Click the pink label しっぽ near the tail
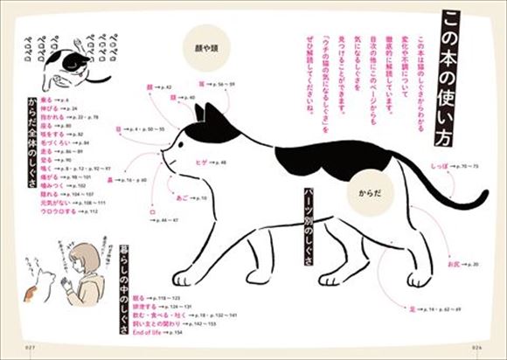[436, 163]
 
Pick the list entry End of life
[145, 333]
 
